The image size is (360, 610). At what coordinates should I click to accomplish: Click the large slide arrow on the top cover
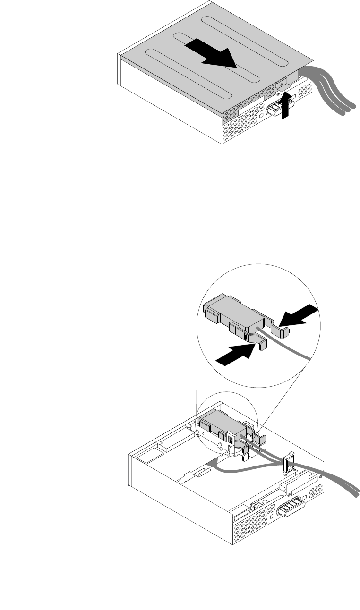click(x=211, y=53)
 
